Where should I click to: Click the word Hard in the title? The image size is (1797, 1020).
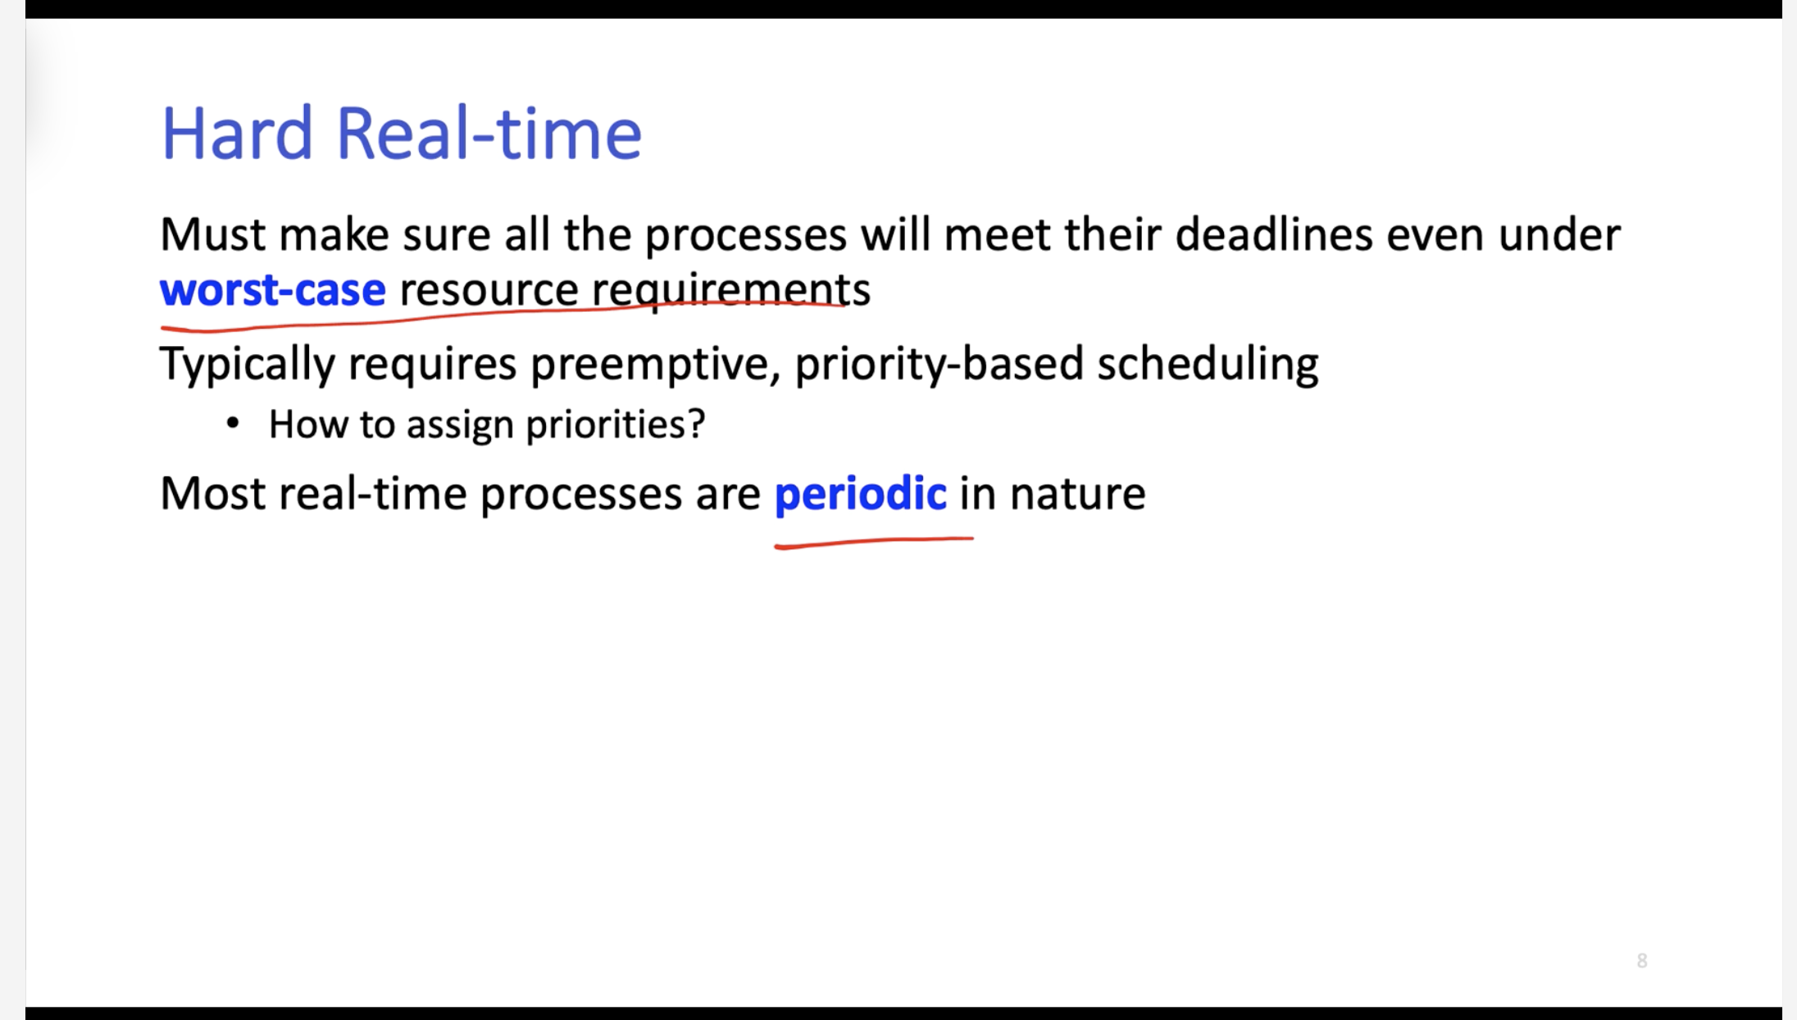[237, 133]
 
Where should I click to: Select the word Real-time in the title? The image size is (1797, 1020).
[489, 133]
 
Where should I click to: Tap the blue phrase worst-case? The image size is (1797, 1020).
[272, 290]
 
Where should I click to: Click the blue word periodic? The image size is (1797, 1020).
[861, 494]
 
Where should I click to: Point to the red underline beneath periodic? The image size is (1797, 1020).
[874, 542]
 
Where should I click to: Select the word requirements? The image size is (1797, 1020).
[731, 290]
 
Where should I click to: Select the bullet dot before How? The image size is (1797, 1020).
[233, 423]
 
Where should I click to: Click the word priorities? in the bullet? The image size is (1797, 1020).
[615, 425]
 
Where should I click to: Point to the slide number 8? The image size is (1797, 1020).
[1642, 961]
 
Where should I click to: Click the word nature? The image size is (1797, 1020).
[1077, 494]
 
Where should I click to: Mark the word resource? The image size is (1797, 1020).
[489, 291]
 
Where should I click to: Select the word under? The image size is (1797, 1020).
[1559, 235]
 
